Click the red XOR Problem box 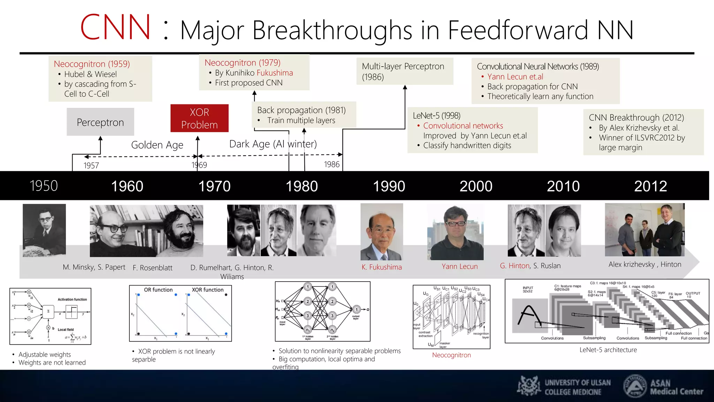pyautogui.click(x=199, y=118)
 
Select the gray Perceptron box pyautogui.click(x=100, y=122)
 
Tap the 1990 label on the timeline pyautogui.click(x=389, y=186)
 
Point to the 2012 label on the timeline pyautogui.click(x=650, y=186)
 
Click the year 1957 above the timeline pyautogui.click(x=91, y=165)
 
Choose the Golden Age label pyautogui.click(x=157, y=145)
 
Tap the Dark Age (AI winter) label pyautogui.click(x=273, y=144)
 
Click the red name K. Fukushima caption pyautogui.click(x=381, y=267)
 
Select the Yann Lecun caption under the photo pyautogui.click(x=459, y=266)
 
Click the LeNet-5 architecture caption pyautogui.click(x=608, y=350)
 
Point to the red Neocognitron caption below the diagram pyautogui.click(x=451, y=355)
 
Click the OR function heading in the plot pyautogui.click(x=158, y=290)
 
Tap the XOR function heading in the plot pyautogui.click(x=207, y=290)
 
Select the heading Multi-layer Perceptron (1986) pyautogui.click(x=403, y=71)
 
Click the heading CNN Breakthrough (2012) pyautogui.click(x=636, y=117)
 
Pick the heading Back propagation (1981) pyautogui.click(x=301, y=110)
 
